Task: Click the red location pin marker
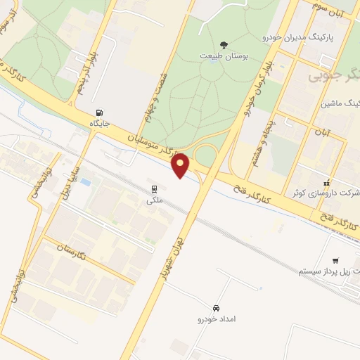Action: click(x=181, y=165)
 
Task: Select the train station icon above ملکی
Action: click(x=152, y=188)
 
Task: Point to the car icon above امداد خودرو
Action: click(x=216, y=309)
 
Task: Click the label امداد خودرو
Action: click(x=216, y=320)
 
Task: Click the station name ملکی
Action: click(x=152, y=200)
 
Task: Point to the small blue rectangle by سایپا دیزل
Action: click(x=85, y=182)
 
